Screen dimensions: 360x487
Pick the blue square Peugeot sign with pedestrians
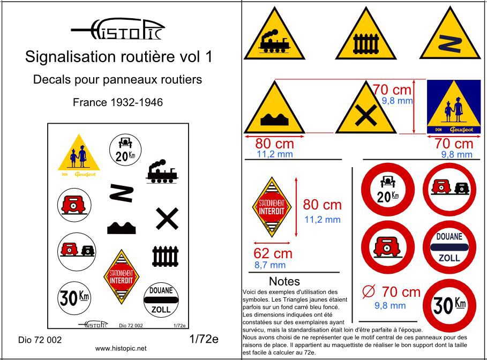tap(449, 107)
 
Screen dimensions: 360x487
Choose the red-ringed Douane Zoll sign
tap(449, 246)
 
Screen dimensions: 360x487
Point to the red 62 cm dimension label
tap(273, 253)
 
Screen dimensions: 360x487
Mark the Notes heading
tap(284, 281)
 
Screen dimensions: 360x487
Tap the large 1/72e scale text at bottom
tap(204, 339)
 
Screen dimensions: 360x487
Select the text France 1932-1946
tap(118, 102)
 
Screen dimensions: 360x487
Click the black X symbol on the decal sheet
tap(167, 219)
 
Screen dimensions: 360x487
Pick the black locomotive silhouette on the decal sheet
tap(161, 171)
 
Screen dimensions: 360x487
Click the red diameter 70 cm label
tap(391, 292)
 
